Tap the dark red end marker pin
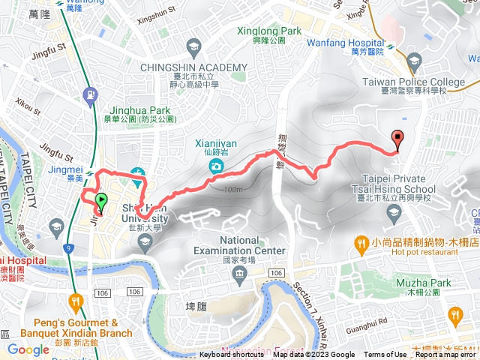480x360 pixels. (397, 138)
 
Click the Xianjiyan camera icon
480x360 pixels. (216, 165)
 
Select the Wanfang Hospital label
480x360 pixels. (346, 44)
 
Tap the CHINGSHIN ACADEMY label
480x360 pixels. (193, 67)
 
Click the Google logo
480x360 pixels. (28, 349)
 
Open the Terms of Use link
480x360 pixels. (385, 355)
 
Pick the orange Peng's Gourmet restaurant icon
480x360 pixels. (75, 301)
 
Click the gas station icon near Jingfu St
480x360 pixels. (91, 95)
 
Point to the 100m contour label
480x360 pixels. (232, 189)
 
